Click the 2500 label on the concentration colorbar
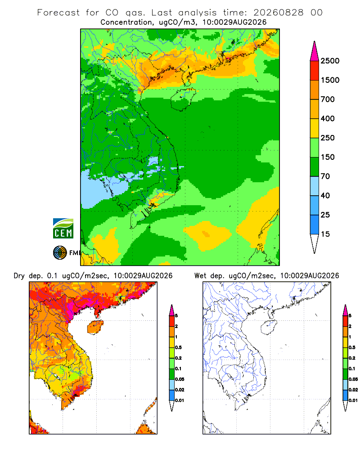point(330,61)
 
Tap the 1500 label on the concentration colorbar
point(330,80)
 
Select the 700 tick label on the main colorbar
point(328,99)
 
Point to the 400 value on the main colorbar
point(328,118)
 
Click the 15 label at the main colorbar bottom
point(325,234)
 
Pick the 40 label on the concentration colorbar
point(325,195)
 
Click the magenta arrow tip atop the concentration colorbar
point(315,42)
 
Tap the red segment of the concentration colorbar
point(315,70)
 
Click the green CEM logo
point(63,229)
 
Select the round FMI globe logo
point(60,253)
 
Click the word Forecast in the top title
point(58,13)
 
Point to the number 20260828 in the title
point(278,13)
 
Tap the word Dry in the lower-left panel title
point(19,276)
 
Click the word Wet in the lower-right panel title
point(200,276)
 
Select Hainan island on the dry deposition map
point(95,327)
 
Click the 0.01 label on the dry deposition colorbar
point(180,400)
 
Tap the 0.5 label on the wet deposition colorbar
point(352,347)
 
